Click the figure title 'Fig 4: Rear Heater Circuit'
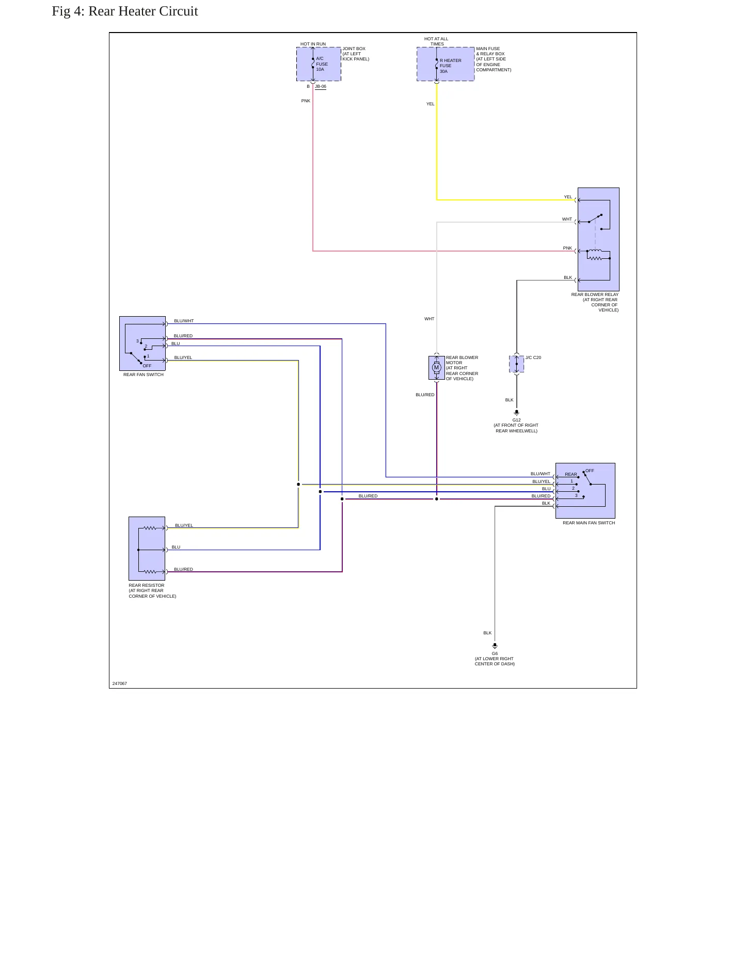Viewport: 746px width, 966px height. point(125,11)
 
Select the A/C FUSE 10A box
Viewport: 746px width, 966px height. point(319,64)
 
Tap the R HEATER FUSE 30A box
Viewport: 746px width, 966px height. point(446,64)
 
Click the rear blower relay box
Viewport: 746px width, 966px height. point(598,239)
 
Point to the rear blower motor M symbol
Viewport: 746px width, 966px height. point(436,368)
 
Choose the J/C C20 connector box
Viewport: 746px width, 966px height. point(516,364)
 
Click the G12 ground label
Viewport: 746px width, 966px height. point(516,420)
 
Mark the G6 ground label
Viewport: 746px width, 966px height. point(495,653)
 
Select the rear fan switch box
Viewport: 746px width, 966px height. point(142,344)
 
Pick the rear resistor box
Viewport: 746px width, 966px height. point(147,549)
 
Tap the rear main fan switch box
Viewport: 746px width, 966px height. point(585,491)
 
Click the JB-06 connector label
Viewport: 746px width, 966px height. point(321,87)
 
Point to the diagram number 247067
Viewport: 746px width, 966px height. point(120,683)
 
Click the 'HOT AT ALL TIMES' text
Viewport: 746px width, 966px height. point(436,41)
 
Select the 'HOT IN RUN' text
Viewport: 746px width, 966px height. point(313,44)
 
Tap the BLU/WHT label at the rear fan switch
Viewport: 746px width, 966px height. point(184,321)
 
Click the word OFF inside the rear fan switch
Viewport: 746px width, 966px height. point(147,366)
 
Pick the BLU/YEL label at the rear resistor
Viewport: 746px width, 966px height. point(184,525)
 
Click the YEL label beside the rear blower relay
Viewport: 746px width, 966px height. point(568,197)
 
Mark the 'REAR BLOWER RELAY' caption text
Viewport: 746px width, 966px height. point(595,294)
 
